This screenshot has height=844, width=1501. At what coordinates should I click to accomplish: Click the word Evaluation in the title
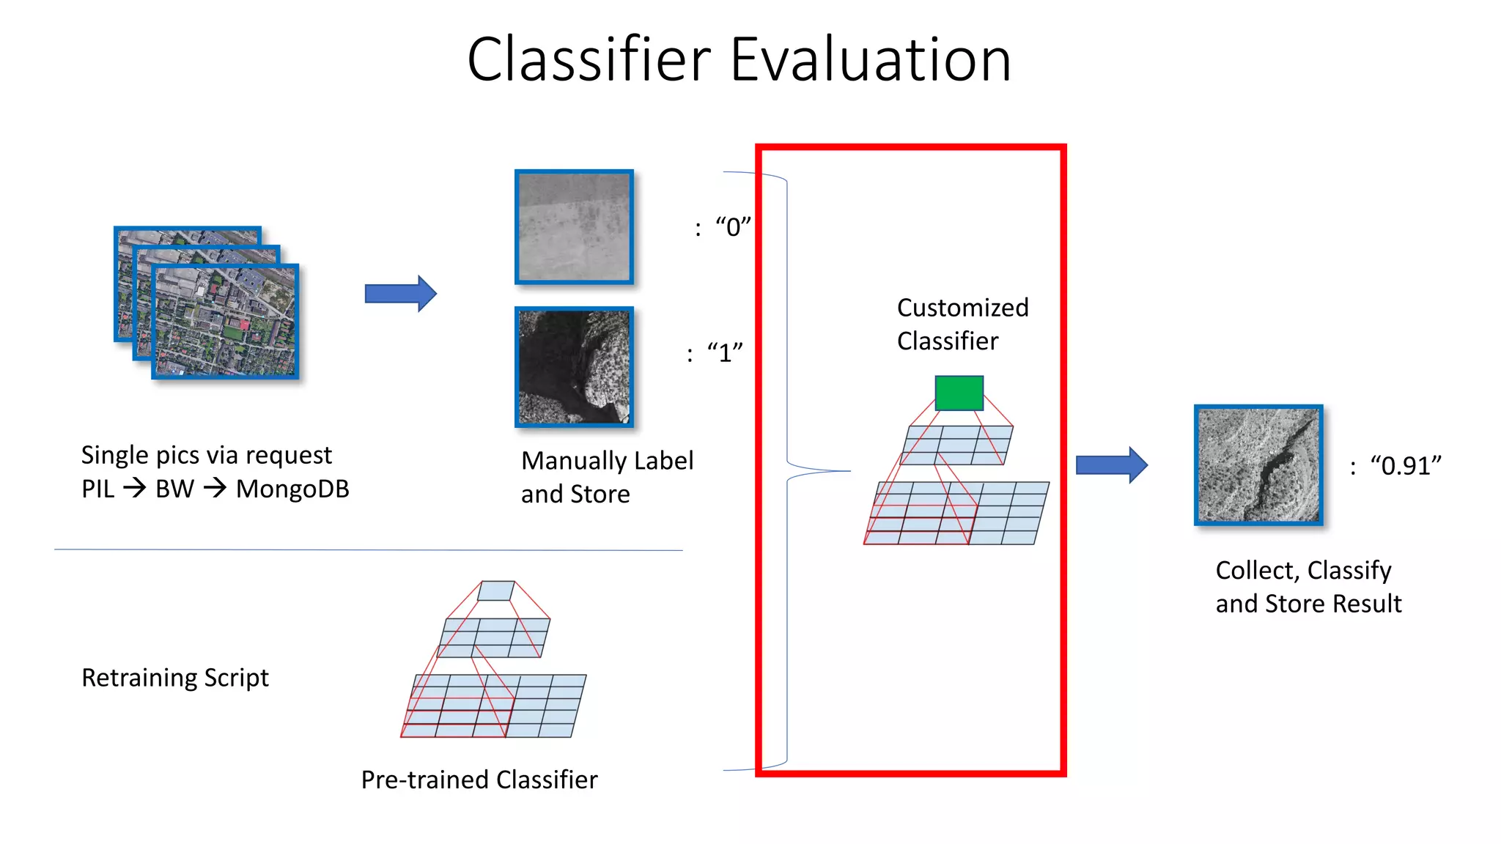(x=871, y=59)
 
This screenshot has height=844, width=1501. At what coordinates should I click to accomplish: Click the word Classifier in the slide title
(x=589, y=59)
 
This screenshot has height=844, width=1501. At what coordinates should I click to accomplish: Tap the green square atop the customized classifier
(x=959, y=393)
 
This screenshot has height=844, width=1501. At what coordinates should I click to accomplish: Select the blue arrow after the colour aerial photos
(x=400, y=294)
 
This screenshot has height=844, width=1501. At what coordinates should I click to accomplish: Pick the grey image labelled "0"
(x=574, y=227)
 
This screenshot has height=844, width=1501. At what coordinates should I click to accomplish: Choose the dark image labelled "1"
(x=574, y=367)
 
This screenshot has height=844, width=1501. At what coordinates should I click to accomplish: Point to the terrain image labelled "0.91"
(x=1258, y=465)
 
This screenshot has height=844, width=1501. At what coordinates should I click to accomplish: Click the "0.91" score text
(x=1405, y=466)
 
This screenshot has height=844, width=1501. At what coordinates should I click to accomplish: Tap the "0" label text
(x=733, y=227)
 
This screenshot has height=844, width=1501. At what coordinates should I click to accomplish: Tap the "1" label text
(x=725, y=353)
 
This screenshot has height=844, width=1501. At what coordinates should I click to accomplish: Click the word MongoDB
(x=292, y=489)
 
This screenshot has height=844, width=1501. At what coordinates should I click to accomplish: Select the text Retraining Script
(x=175, y=678)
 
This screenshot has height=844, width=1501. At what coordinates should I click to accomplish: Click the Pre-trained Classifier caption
(x=479, y=780)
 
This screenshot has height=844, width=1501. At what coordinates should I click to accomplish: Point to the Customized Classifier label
(x=962, y=324)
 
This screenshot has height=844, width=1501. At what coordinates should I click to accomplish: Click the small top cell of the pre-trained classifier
(x=496, y=591)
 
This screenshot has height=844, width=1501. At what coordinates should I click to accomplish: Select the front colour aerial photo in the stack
(x=226, y=322)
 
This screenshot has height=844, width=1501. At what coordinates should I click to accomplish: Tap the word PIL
(x=97, y=489)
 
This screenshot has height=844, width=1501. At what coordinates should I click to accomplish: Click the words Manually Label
(x=607, y=461)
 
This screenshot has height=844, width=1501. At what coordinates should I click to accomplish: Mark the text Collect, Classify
(x=1303, y=570)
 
